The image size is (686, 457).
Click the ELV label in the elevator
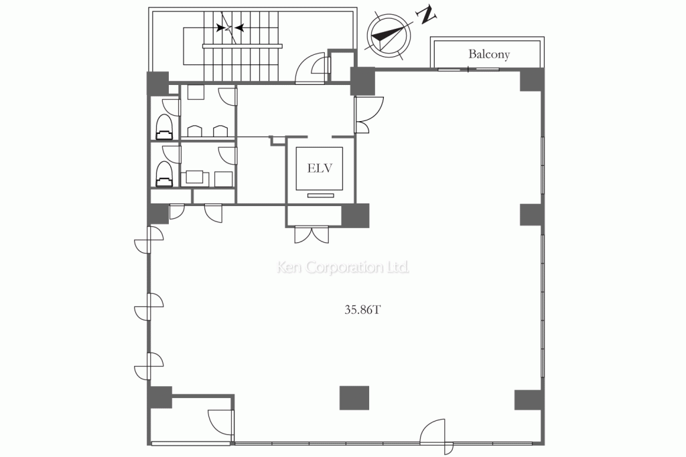tap(320, 168)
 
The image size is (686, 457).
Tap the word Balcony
tap(488, 54)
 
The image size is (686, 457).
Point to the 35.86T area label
tap(362, 310)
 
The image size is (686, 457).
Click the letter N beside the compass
tap(427, 16)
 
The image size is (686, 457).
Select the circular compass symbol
tap(389, 36)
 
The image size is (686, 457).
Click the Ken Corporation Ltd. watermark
tap(343, 267)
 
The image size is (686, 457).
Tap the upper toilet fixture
tap(165, 127)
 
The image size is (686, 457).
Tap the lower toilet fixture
tap(165, 175)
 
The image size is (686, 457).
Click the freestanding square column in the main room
tap(354, 397)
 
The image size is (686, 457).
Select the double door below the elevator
tap(312, 235)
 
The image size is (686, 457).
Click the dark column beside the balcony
tap(532, 80)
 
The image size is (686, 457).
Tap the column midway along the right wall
tap(531, 215)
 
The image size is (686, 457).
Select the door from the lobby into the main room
tap(369, 114)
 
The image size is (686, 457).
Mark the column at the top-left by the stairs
tap(157, 83)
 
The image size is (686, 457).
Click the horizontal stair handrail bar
tap(243, 46)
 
